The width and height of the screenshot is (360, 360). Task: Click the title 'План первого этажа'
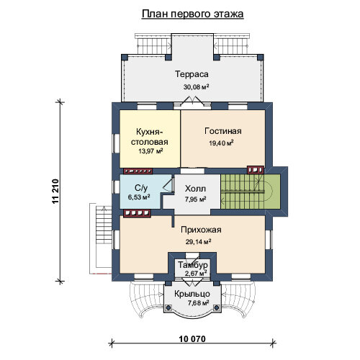192,14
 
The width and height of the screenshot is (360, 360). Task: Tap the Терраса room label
192,74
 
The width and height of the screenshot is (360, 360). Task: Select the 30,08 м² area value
196,86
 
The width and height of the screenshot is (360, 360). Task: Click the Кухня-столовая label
149,137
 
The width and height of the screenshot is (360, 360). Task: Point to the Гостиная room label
223,131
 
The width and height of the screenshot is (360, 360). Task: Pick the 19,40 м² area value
222,143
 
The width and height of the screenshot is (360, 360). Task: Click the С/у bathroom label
141,188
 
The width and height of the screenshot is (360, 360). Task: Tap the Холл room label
195,189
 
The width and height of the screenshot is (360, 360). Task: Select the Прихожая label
201,230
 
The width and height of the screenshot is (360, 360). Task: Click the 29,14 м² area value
198,241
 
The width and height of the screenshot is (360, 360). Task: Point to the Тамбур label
193,265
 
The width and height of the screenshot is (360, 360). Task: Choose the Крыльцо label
192,294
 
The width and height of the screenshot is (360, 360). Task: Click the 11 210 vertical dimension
55,192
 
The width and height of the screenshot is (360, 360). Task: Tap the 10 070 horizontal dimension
192,339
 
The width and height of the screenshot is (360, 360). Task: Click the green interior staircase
251,192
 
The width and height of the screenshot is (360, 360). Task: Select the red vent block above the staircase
256,170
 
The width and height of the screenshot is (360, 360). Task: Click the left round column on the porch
168,307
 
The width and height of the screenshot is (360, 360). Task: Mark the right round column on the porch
217,307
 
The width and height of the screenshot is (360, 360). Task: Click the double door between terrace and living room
192,102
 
